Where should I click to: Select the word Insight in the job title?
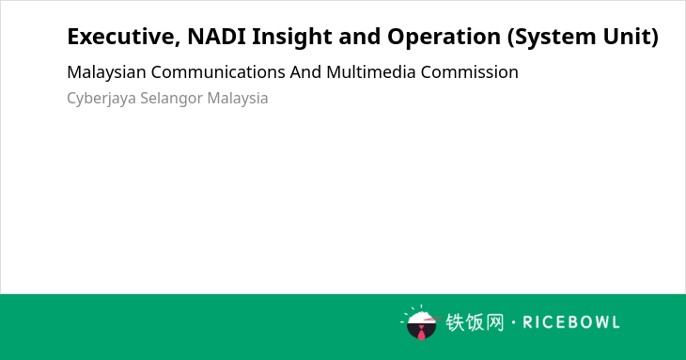pos(292,38)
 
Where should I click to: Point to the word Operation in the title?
pos(444,38)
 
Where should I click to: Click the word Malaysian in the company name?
pos(106,72)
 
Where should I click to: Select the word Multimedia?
pos(371,72)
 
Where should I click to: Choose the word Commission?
pos(470,72)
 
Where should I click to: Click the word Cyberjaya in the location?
pos(101,99)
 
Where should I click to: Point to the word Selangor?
pos(171,99)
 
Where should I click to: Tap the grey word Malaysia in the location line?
pos(238,99)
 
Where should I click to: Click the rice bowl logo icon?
pos(420,322)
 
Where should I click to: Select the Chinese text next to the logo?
pos(475,322)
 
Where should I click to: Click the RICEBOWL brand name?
pos(571,322)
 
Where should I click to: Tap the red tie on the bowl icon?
pos(421,334)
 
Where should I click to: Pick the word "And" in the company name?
pos(305,72)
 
